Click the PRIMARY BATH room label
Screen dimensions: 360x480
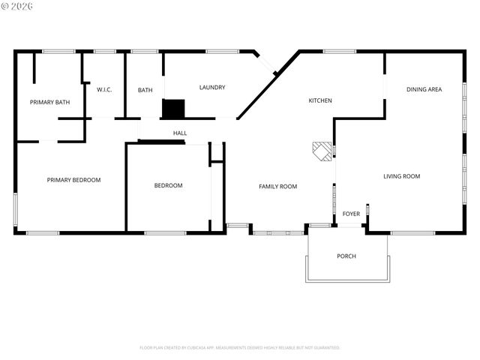pyautogui.click(x=49, y=102)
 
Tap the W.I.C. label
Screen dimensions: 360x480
pyautogui.click(x=104, y=90)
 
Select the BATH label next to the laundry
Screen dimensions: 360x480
pyautogui.click(x=145, y=90)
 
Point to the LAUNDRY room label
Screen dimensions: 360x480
pyautogui.click(x=212, y=88)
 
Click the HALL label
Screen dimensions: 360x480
pyautogui.click(x=180, y=133)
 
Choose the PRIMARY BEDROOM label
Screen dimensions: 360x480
pyautogui.click(x=73, y=180)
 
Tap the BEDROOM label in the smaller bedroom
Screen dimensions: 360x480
pyautogui.click(x=168, y=185)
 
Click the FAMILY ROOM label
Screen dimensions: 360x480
pyautogui.click(x=278, y=186)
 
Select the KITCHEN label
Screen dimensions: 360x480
pyautogui.click(x=320, y=100)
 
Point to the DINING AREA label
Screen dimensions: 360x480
pyautogui.click(x=424, y=89)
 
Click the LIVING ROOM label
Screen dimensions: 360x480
pyautogui.click(x=401, y=176)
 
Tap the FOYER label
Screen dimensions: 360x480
pyautogui.click(x=351, y=214)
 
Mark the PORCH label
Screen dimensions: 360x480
pyautogui.click(x=346, y=256)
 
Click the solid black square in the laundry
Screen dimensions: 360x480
pyautogui.click(x=173, y=109)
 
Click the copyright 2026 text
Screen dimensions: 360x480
pyautogui.click(x=18, y=6)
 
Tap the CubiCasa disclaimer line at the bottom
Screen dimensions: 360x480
pyautogui.click(x=240, y=348)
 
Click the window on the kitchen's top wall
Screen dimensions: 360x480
pyautogui.click(x=339, y=51)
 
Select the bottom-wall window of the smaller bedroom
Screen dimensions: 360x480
pyautogui.click(x=165, y=233)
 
